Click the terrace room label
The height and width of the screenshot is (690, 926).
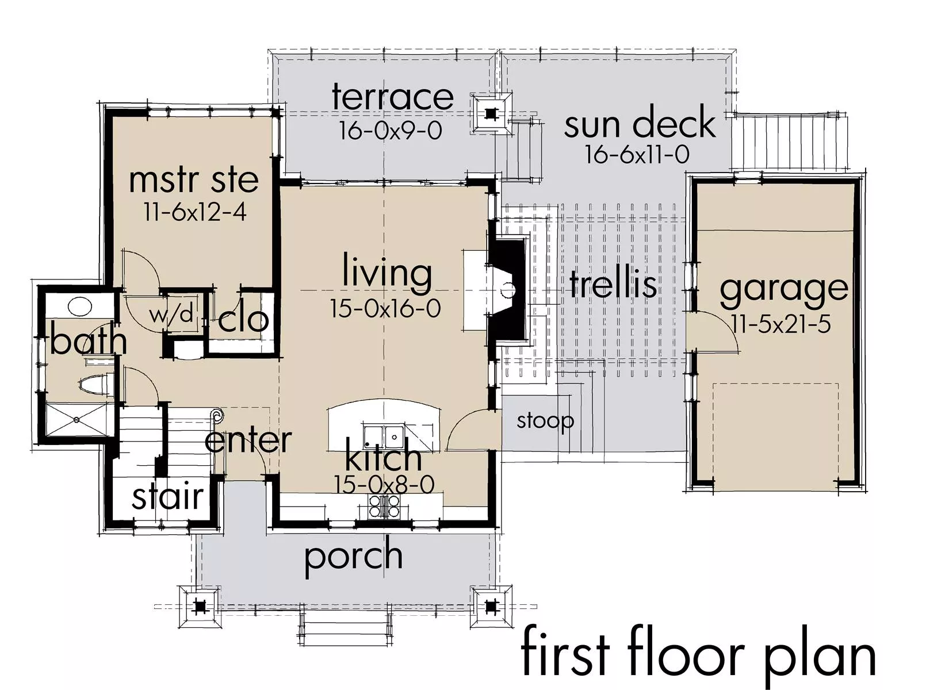392,97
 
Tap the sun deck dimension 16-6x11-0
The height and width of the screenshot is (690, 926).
637,154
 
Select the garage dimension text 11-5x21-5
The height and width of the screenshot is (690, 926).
781,325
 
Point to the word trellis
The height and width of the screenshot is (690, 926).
613,283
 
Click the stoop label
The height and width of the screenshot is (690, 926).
545,420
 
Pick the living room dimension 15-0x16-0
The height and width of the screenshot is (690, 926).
385,308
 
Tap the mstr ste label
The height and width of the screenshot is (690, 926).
194,181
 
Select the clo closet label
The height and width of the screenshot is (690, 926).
243,320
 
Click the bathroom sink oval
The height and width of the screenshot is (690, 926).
80,306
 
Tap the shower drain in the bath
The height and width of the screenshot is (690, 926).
76,419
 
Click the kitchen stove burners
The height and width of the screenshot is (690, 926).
384,506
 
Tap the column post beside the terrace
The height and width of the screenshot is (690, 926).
491,114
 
